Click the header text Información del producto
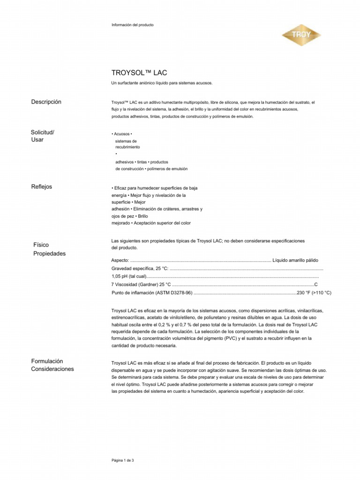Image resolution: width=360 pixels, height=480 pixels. pyautogui.click(x=132, y=24)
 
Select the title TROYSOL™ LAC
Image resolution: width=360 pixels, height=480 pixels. pyautogui.click(x=139, y=73)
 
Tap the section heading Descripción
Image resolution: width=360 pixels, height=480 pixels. pyautogui.click(x=46, y=102)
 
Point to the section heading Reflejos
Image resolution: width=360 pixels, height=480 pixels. pyautogui.click(x=42, y=187)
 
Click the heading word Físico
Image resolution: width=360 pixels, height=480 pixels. pyautogui.click(x=41, y=245)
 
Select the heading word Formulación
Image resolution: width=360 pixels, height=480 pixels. pyautogui.click(x=47, y=361)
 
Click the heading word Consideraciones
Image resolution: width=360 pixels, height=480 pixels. pyautogui.click(x=52, y=369)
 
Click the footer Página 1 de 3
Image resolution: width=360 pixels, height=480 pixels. pyautogui.click(x=123, y=460)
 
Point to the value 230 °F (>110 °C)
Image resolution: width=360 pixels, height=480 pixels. pyautogui.click(x=314, y=292)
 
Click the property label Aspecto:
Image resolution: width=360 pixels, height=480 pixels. pyautogui.click(x=120, y=260)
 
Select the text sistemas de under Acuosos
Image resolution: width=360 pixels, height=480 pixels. pyautogui.click(x=126, y=141)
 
